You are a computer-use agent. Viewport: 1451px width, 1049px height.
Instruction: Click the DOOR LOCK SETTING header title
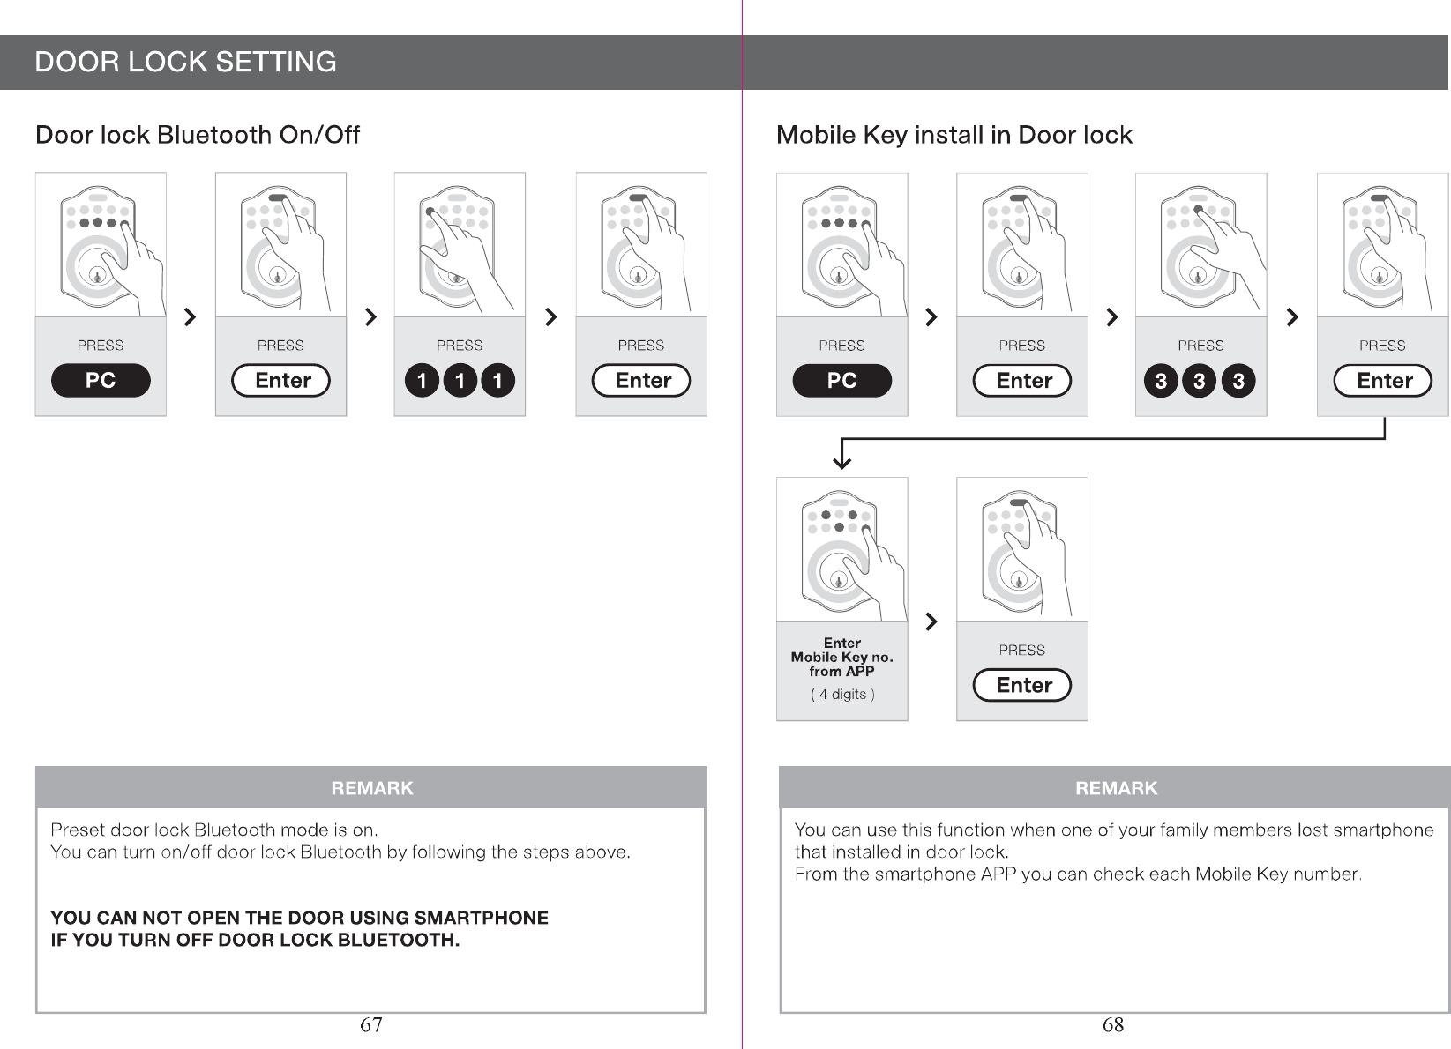click(185, 63)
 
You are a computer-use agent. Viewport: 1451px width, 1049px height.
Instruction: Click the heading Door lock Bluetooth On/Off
click(198, 135)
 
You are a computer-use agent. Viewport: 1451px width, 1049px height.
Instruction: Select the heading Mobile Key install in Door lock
click(954, 135)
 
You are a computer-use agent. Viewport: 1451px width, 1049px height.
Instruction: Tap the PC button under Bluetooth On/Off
click(101, 380)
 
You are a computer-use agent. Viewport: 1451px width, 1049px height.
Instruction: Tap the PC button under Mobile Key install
click(841, 380)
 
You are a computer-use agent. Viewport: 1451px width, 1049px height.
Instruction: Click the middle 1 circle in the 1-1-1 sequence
click(460, 381)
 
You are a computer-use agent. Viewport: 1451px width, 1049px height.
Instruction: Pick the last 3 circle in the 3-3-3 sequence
click(1238, 381)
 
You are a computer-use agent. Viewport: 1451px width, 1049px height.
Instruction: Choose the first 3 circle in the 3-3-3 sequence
click(1161, 381)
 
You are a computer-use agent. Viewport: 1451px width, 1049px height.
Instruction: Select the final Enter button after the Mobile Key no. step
click(1022, 685)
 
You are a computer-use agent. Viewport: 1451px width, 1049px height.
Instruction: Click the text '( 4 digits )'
click(842, 695)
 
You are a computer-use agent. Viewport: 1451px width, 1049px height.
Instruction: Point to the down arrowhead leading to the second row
click(842, 460)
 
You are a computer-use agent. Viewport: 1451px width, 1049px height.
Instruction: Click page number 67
click(371, 1024)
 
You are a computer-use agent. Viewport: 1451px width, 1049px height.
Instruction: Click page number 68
click(1113, 1024)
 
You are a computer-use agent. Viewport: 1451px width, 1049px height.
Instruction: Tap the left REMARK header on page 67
click(371, 788)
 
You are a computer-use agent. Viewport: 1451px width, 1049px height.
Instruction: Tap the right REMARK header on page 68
click(1116, 788)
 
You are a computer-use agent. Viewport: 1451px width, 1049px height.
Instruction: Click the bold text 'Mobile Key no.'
click(841, 658)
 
